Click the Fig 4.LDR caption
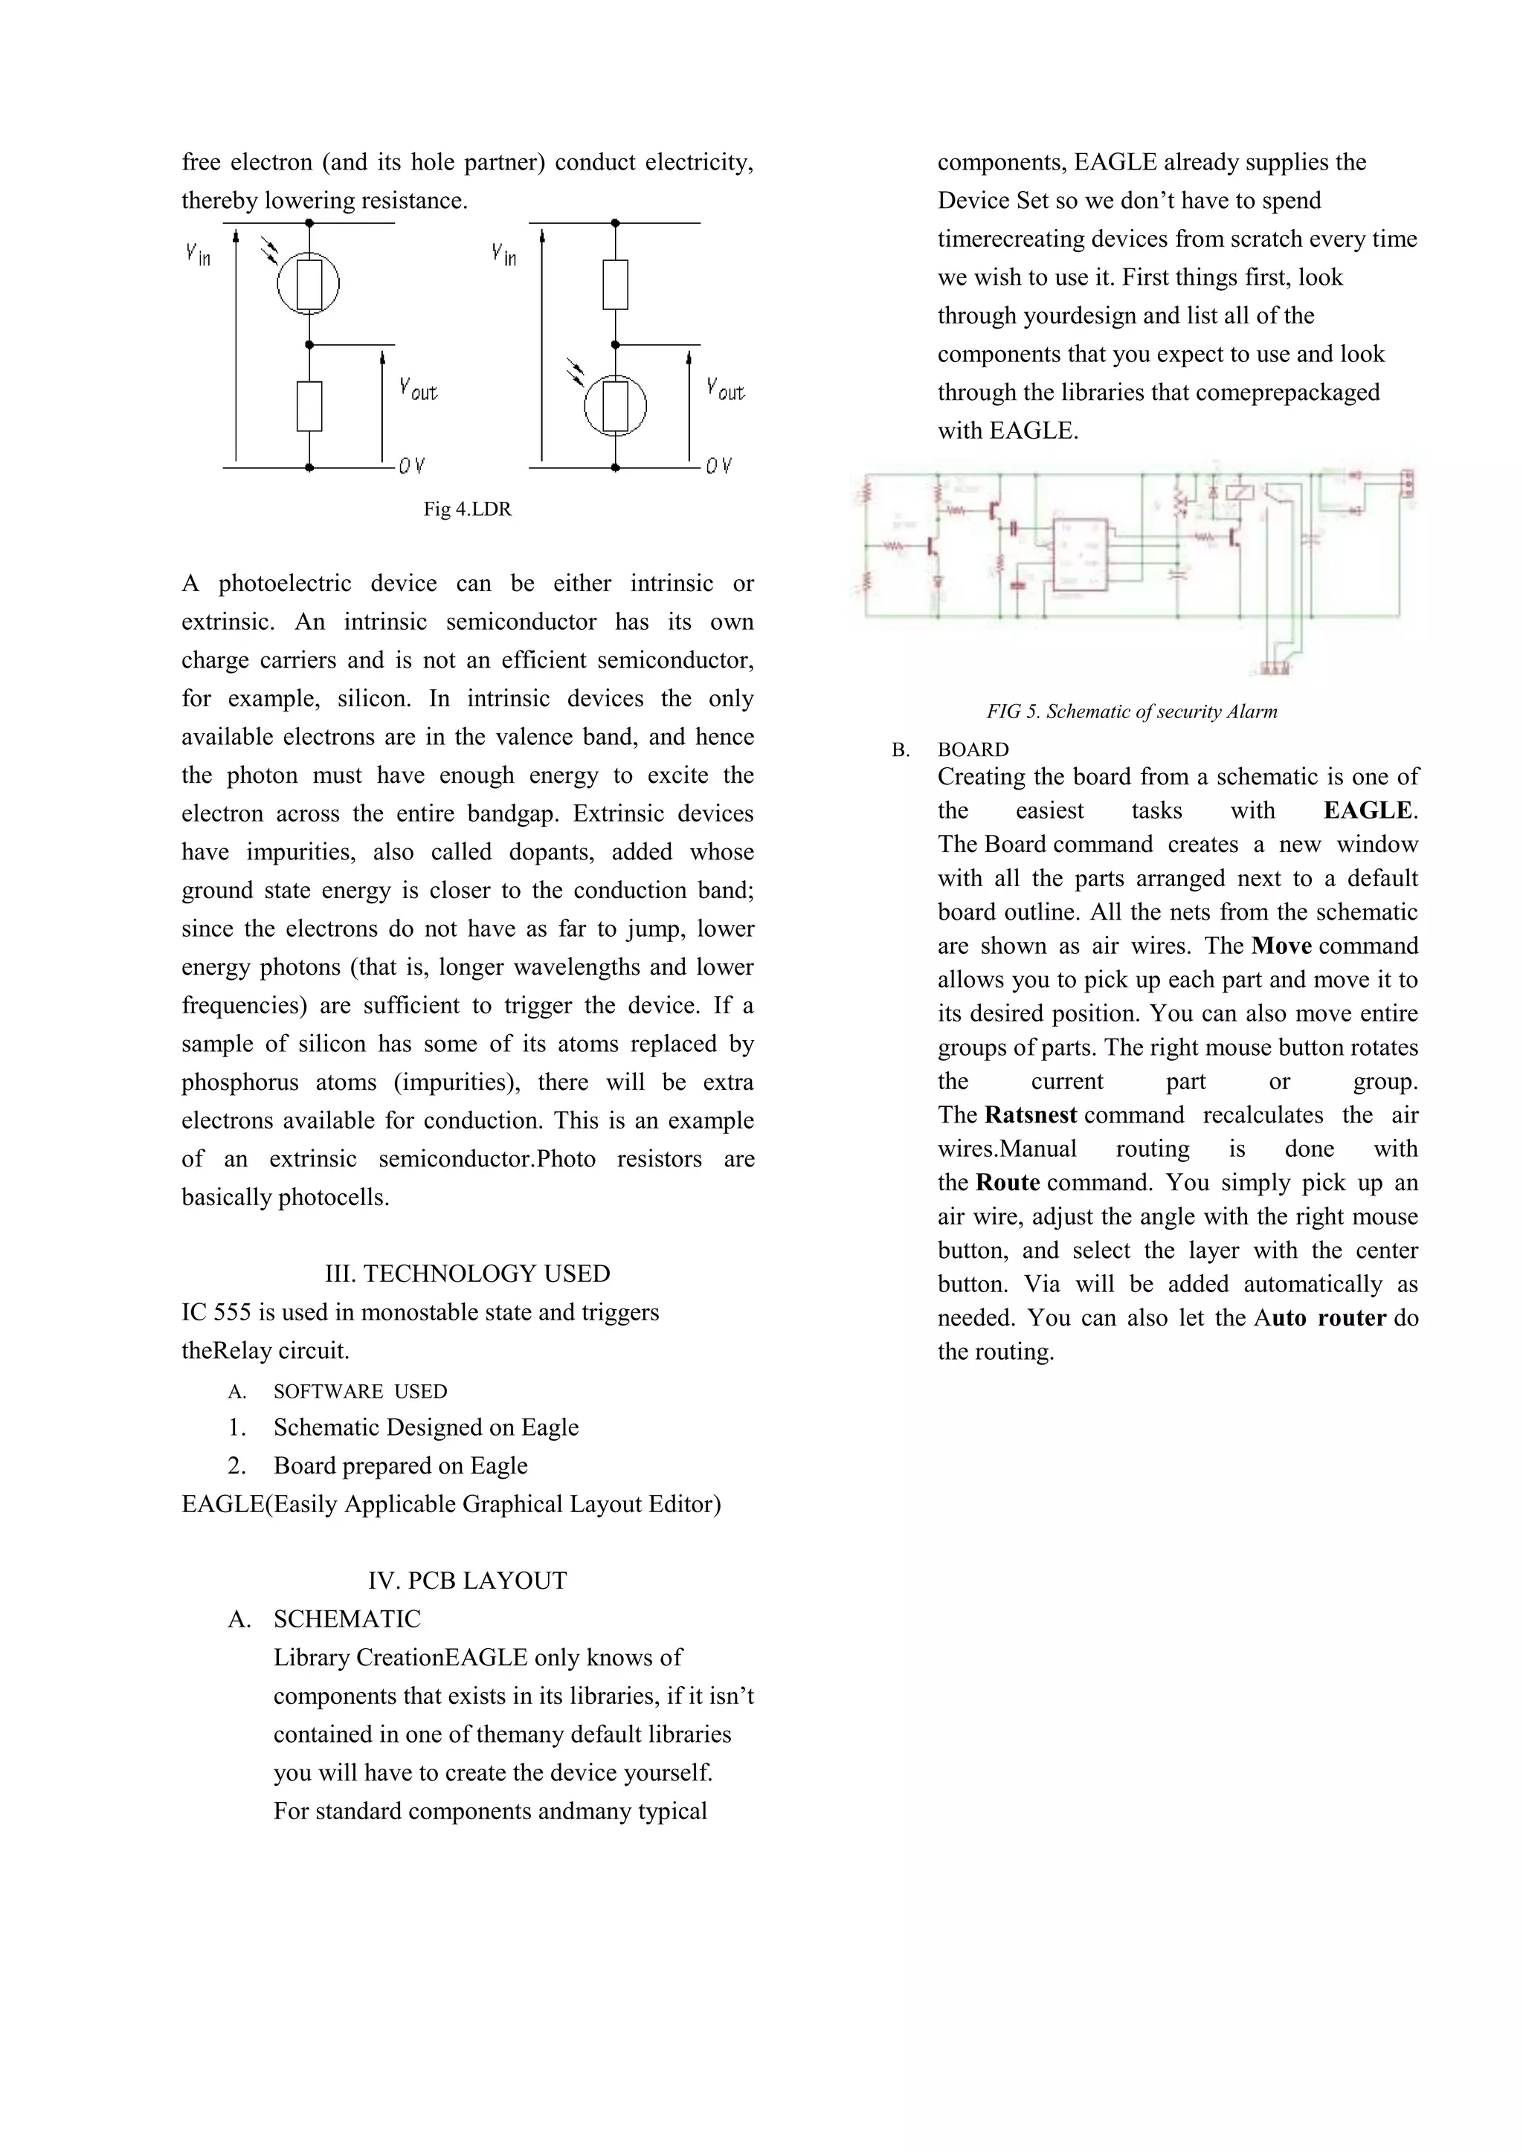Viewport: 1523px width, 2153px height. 467,509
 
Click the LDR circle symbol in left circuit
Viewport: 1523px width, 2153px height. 309,284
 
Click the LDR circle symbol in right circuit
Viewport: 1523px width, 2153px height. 615,406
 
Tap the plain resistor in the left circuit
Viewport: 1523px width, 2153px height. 309,406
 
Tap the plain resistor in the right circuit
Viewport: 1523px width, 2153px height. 615,284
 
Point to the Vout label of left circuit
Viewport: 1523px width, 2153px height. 418,388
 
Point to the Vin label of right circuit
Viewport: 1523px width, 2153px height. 504,254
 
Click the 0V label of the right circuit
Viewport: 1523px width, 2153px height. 718,466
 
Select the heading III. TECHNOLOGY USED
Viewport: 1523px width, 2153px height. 467,1274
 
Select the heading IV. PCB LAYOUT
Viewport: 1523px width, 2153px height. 467,1581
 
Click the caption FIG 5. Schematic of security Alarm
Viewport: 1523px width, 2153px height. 1131,711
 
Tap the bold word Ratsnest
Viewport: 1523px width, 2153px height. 1031,1115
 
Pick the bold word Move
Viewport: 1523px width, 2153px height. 1281,946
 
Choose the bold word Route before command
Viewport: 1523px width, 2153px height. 1008,1183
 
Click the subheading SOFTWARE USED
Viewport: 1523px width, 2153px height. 360,1392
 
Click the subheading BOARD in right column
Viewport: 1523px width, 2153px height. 973,750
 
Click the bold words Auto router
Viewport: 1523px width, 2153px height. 1321,1317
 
